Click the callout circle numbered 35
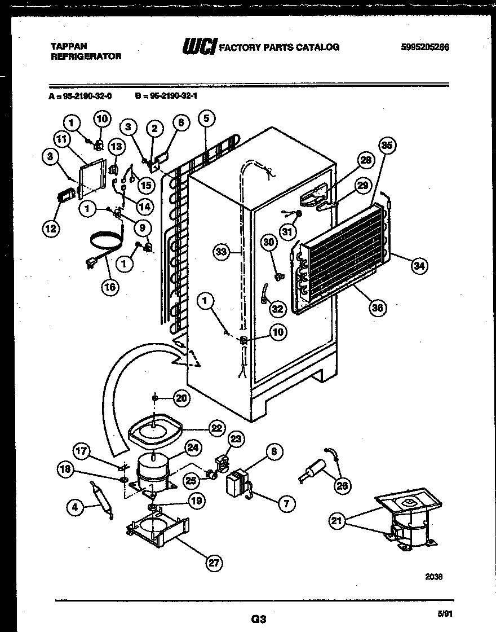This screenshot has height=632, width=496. pyautogui.click(x=387, y=145)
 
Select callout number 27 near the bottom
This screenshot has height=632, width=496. pyautogui.click(x=214, y=563)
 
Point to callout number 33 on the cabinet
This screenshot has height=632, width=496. pyautogui.click(x=222, y=252)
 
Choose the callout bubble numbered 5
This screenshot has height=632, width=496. pyautogui.click(x=206, y=118)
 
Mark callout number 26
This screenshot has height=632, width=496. pyautogui.click(x=342, y=485)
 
